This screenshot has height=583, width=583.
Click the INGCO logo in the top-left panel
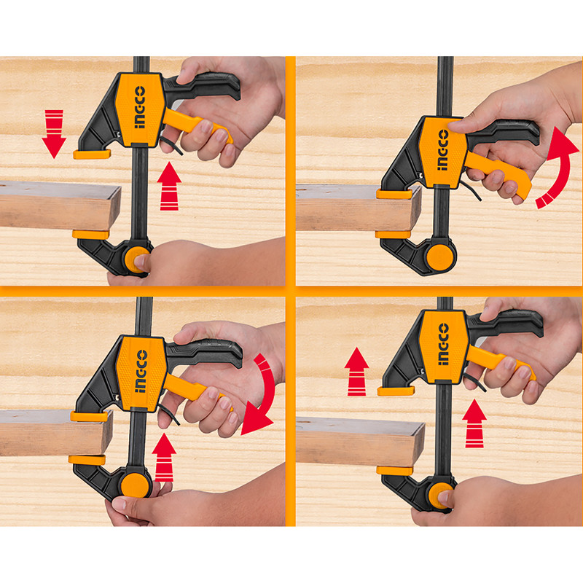139,107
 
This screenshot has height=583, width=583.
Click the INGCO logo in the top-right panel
443,150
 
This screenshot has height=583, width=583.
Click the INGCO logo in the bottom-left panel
141,371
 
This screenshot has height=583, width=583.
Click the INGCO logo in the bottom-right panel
443,344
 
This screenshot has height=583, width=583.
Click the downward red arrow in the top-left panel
54,134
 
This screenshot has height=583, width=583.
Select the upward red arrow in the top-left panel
169,186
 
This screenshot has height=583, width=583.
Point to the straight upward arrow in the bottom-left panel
164,457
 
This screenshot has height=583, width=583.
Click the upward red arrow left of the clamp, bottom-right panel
356,372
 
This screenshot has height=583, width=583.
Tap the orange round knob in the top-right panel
441,257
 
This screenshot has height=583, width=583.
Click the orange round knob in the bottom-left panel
136,485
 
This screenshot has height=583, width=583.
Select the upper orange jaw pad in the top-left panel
92,154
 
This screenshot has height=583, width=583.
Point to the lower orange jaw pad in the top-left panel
90,235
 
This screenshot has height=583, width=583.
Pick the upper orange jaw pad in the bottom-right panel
396,391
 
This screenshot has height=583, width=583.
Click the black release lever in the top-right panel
469,189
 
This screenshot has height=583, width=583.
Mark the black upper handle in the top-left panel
203,86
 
